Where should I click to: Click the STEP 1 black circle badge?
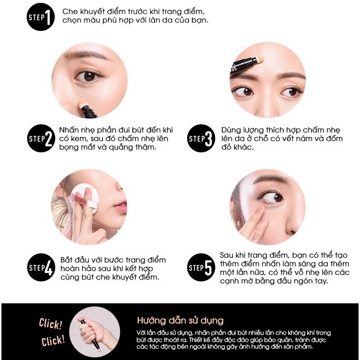point(40,18)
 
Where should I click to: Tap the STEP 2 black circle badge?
point(40,139)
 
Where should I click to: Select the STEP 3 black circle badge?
point(200,139)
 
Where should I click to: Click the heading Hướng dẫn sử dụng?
point(180,320)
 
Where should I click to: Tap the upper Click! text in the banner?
point(50,325)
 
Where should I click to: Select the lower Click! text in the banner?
point(52,341)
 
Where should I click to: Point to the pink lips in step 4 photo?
point(120,207)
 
